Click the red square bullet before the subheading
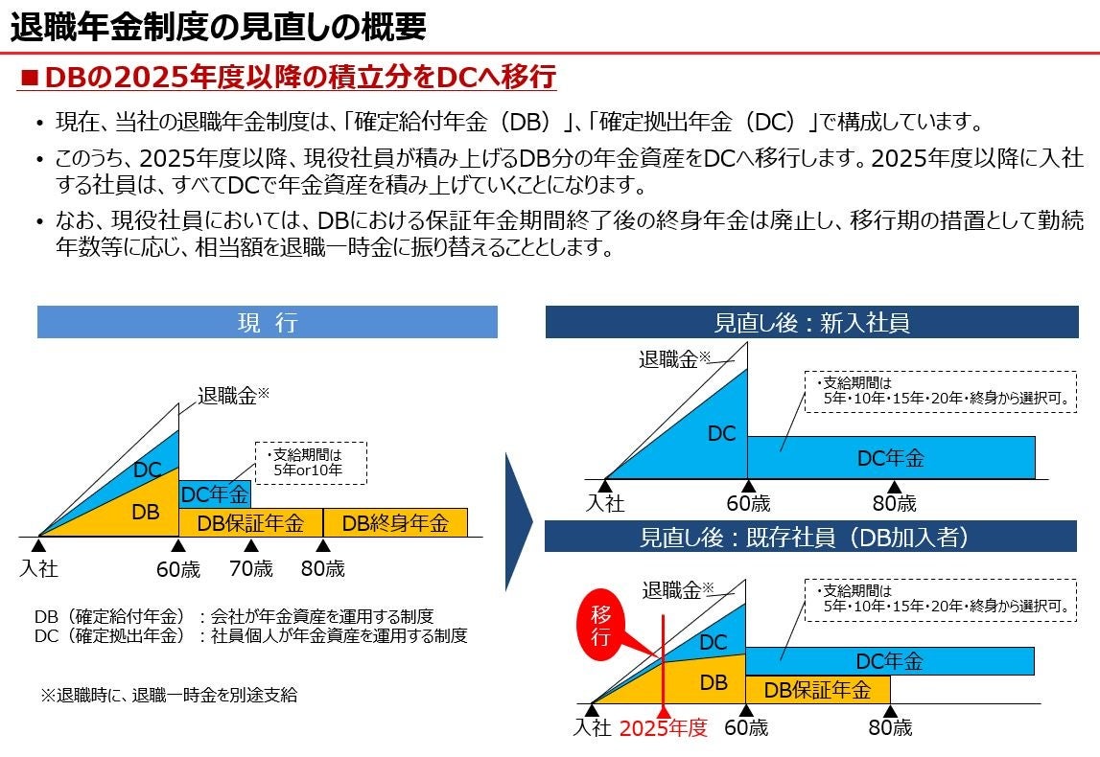29,78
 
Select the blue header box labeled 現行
267,323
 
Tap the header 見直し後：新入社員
811,323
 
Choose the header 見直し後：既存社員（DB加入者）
811,537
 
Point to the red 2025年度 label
664,728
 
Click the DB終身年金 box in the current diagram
395,523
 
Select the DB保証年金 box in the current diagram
250,523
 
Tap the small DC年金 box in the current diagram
215,494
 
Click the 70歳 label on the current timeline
251,569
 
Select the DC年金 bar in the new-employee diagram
891,458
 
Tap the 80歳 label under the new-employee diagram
894,503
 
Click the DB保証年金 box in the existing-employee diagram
817,690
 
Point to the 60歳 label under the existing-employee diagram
746,728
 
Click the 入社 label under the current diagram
38,569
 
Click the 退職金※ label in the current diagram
233,395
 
